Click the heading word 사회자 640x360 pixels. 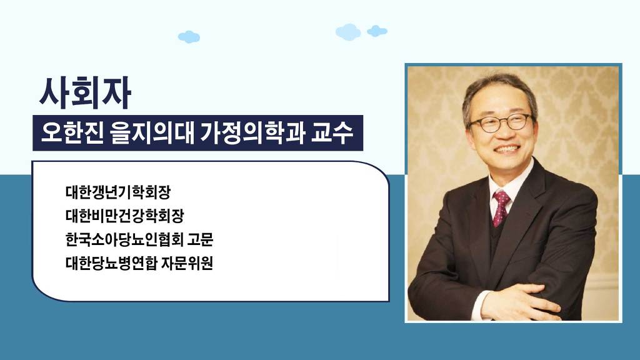click(85, 92)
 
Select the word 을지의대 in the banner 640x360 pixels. click(152, 133)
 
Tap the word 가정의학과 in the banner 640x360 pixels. click(252, 133)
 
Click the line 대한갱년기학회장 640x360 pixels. click(118, 192)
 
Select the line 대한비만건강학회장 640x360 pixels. click(124, 216)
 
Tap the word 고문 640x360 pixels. click(200, 239)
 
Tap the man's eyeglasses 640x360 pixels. click(501, 123)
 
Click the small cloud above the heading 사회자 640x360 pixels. click(189, 37)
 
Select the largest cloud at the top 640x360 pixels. click(348, 32)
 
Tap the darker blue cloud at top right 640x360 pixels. click(377, 31)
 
